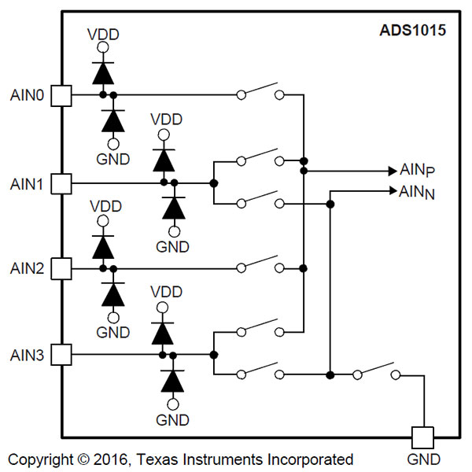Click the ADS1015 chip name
[412, 31]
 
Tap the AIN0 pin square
[61, 96]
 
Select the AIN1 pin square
[61, 183]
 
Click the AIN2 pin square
[61, 268]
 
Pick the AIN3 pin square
[61, 355]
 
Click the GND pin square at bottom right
[422, 437]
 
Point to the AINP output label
[417, 170]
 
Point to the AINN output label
[417, 192]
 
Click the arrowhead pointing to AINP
[393, 171]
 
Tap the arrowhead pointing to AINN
[393, 190]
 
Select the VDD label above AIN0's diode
[103, 35]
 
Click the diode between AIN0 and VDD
[103, 73]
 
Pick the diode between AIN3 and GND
[172, 381]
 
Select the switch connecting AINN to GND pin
[376, 371]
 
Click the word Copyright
[41, 459]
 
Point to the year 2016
[110, 459]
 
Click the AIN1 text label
[27, 184]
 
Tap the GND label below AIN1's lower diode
[172, 247]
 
